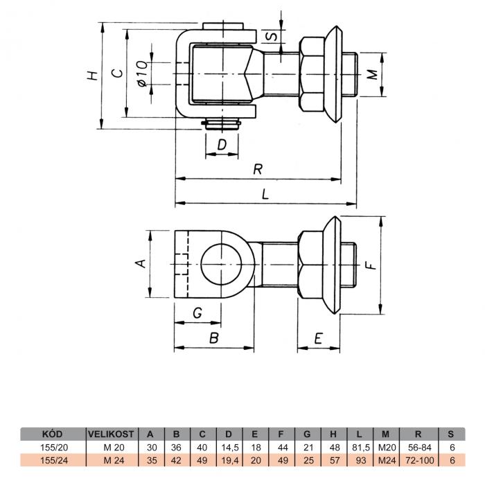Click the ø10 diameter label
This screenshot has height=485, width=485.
(142, 73)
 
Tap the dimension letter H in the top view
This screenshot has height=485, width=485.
(92, 76)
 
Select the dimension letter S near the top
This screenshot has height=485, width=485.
(272, 36)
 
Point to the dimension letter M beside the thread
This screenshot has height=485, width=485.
(372, 75)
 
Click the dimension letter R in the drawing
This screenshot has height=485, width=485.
(258, 169)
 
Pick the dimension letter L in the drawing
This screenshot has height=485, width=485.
(265, 194)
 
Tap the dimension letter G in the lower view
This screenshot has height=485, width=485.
(197, 313)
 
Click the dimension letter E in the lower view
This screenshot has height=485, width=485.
(318, 338)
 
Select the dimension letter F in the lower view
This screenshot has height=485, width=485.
(370, 265)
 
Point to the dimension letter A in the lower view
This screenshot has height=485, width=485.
(141, 263)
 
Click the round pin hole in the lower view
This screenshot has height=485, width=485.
(221, 265)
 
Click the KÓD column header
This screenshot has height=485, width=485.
(52, 434)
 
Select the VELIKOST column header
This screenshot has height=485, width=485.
(111, 434)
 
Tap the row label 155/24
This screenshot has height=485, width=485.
(54, 460)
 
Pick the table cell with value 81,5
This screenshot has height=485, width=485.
(361, 448)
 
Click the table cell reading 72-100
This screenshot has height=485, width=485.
(420, 460)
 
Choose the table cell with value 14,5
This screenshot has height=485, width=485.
(230, 448)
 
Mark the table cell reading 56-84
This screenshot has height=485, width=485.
(420, 448)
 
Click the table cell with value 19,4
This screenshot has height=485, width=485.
(230, 460)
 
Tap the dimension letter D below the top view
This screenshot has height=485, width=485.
(222, 144)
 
